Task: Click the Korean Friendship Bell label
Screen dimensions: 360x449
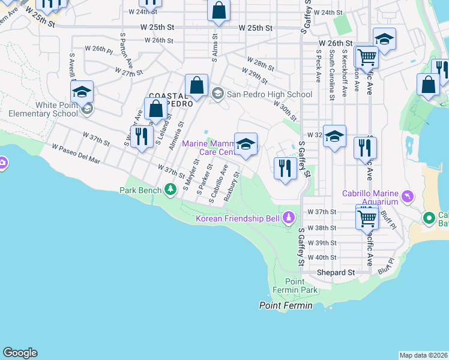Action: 238,218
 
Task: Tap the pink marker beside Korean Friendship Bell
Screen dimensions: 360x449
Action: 289,217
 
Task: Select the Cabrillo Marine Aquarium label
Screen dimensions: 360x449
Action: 370,197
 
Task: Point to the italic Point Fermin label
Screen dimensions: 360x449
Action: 286,305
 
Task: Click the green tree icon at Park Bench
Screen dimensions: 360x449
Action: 170,190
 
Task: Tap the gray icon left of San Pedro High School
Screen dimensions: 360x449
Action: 218,94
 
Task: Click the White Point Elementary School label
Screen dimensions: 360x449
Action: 40,109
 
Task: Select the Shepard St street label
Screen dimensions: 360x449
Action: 336,272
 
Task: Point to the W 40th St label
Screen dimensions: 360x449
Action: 322,257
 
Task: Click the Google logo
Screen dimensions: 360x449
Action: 20,353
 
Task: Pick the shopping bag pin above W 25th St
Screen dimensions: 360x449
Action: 219,11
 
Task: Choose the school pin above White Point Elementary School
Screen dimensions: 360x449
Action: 82,92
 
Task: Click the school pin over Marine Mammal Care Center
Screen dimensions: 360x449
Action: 246,144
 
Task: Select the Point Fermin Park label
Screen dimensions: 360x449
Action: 301,286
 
